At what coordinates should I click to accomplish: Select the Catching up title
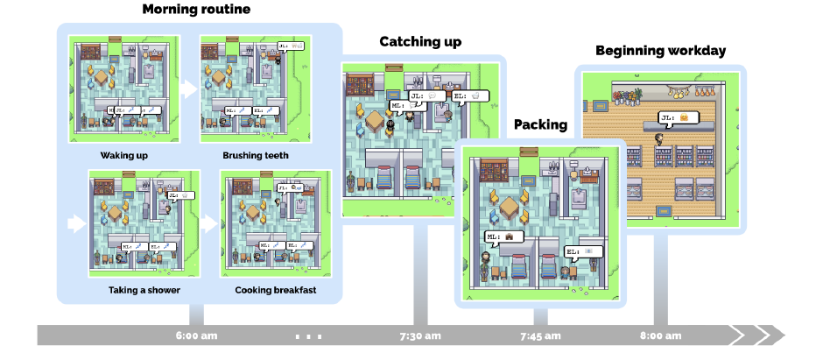tap(420, 41)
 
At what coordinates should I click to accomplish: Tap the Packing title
tap(540, 124)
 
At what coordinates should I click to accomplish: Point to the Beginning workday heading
tap(660, 50)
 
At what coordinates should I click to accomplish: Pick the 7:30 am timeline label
tap(420, 335)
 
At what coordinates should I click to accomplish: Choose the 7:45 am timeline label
tap(540, 335)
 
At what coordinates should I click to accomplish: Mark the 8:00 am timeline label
tap(660, 335)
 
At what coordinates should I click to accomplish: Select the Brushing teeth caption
tap(255, 156)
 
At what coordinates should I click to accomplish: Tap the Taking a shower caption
tap(144, 290)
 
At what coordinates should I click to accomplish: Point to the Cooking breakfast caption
tap(275, 290)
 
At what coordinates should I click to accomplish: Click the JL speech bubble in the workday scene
tap(680, 116)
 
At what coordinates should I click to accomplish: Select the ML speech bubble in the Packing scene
tap(503, 236)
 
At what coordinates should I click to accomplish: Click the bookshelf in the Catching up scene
tap(360, 85)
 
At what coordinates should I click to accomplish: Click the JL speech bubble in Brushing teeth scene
tap(290, 46)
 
